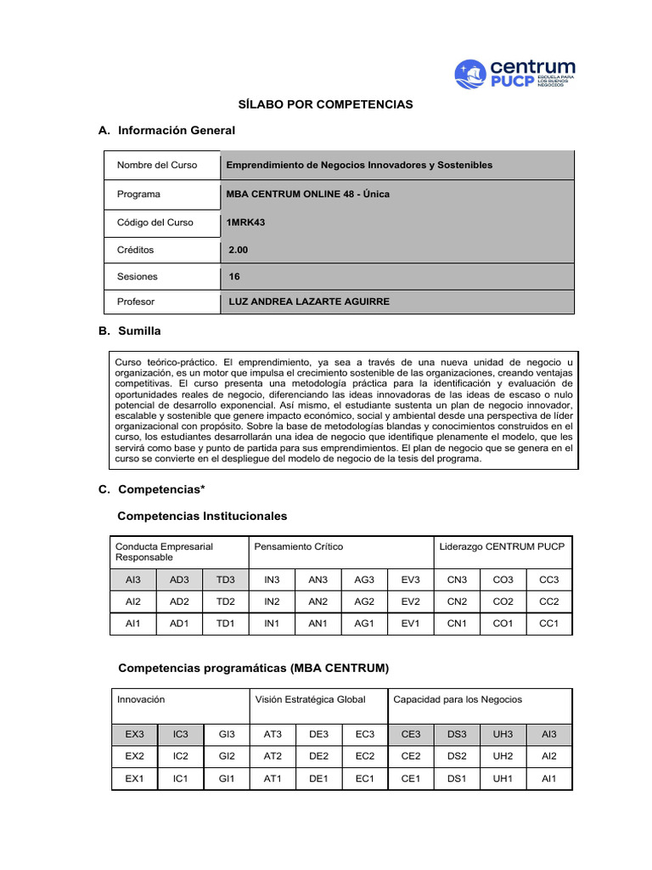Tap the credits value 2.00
(239, 251)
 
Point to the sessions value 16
(234, 276)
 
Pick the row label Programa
(138, 195)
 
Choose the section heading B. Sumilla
(129, 330)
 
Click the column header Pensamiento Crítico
(299, 546)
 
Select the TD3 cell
(225, 579)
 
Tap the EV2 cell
(410, 602)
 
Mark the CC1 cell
(549, 624)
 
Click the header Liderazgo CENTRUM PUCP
(502, 546)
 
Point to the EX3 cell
(135, 733)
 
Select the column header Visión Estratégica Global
(310, 699)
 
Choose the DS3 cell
(457, 733)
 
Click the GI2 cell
(227, 755)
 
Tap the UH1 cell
(503, 778)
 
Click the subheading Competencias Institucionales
(202, 516)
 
